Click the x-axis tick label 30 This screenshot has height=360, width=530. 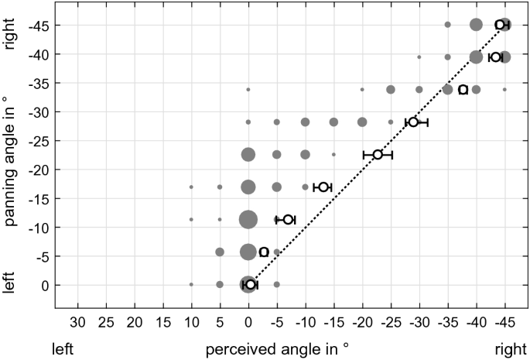pyautogui.click(x=77, y=321)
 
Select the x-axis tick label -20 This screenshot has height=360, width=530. pyautogui.click(x=362, y=321)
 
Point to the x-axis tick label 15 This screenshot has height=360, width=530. pyautogui.click(x=162, y=321)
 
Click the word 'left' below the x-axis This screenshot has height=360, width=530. pyautogui.click(x=63, y=349)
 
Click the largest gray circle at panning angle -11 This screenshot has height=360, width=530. pyautogui.click(x=248, y=220)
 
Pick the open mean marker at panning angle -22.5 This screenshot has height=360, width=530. pyautogui.click(x=378, y=155)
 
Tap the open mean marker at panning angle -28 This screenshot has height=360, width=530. pyautogui.click(x=414, y=122)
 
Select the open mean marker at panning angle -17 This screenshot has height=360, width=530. pyautogui.click(x=323, y=187)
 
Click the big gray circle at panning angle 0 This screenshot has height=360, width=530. pyautogui.click(x=248, y=284)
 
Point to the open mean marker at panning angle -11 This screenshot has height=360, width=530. pyautogui.click(x=288, y=220)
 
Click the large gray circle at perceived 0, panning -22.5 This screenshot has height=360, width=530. pyautogui.click(x=248, y=155)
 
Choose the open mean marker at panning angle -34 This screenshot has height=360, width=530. pyautogui.click(x=463, y=90)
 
